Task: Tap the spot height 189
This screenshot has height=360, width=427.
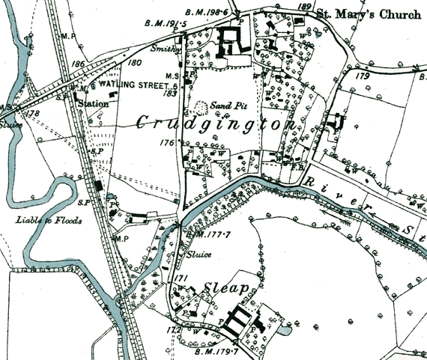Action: [x=303, y=7]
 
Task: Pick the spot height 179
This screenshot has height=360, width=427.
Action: [x=364, y=76]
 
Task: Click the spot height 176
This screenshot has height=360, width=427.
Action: [x=167, y=142]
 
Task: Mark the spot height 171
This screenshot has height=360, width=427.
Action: [x=180, y=278]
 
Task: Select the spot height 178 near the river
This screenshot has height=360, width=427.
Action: [x=31, y=114]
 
